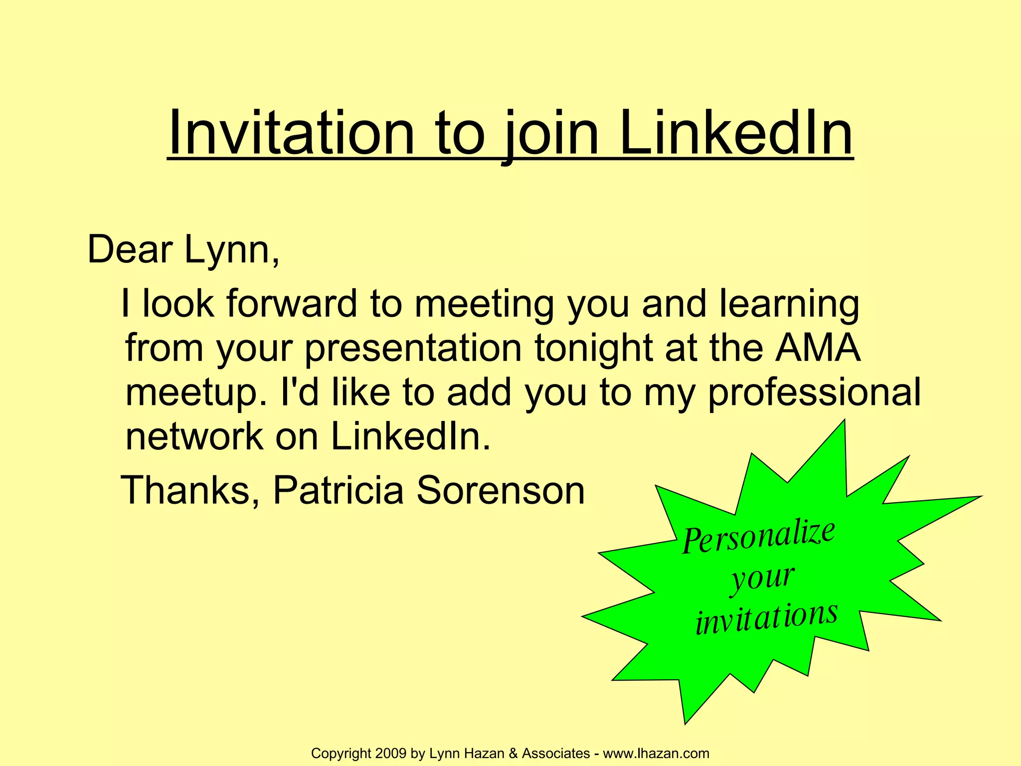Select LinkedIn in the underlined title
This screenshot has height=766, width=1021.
tap(736, 134)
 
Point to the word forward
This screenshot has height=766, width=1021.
tap(292, 304)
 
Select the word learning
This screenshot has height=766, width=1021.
tap(789, 304)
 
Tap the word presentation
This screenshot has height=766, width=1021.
tap(413, 348)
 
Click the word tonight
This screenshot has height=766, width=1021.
tap(593, 348)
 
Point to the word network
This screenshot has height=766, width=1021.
tap(194, 436)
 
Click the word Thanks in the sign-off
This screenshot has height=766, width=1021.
tap(190, 490)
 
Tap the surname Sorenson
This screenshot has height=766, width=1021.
tap(500, 490)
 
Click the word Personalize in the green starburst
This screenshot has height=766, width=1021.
tap(758, 537)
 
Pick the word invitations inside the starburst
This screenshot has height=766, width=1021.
tap(766, 618)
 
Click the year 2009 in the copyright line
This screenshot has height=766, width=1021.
tap(391, 753)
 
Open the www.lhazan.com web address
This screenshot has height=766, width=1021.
tap(656, 753)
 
